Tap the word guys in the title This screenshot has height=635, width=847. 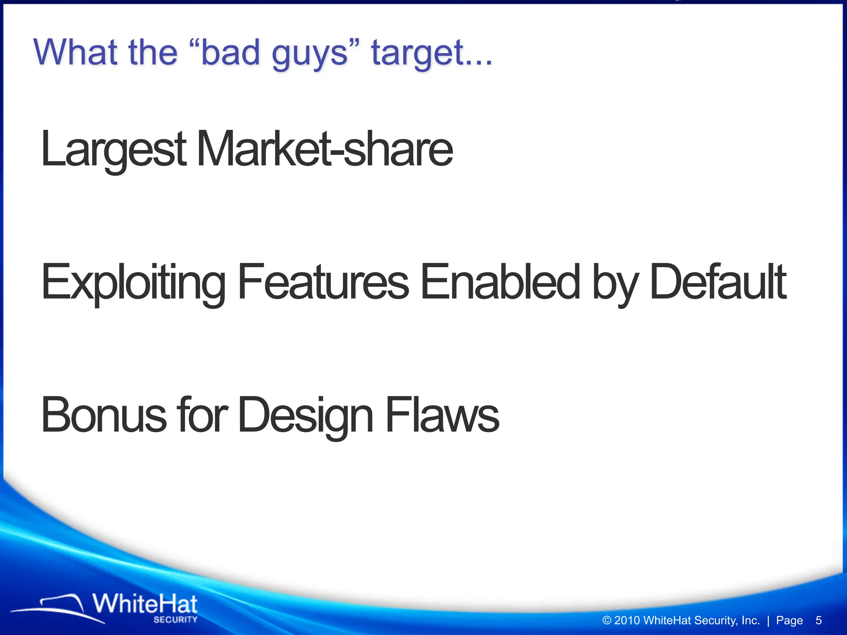pos(310,54)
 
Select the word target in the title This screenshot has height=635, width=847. pos(422,54)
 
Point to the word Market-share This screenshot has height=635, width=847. pos(325,149)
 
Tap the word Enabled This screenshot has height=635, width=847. pos(500,282)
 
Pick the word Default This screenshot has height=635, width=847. pos(718,282)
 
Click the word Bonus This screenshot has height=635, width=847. pos(103,415)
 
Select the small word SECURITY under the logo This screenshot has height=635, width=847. pos(175,620)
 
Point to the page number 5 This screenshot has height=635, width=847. pos(818,620)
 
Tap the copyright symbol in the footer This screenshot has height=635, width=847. pos(607,620)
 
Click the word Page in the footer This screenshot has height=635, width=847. pos(789,621)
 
